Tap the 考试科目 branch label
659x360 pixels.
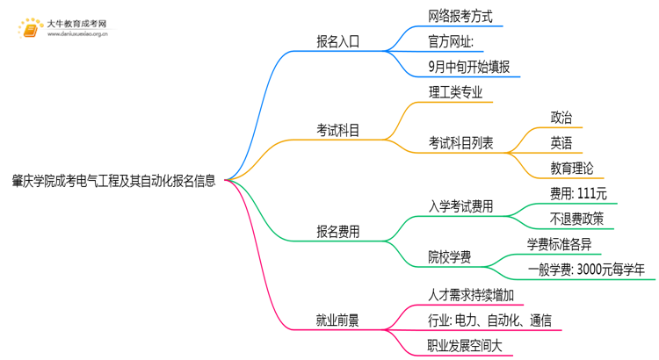click(337, 131)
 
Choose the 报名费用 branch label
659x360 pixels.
click(337, 232)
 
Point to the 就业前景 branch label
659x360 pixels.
click(337, 320)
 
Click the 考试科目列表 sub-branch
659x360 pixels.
click(460, 142)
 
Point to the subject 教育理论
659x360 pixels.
click(572, 167)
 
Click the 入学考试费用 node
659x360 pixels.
click(460, 207)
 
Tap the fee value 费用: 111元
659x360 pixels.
click(578, 193)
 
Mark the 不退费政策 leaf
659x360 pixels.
click(577, 219)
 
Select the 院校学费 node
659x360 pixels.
click(450, 257)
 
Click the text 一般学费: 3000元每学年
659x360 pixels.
click(591, 270)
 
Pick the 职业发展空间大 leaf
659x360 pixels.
click(466, 346)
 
